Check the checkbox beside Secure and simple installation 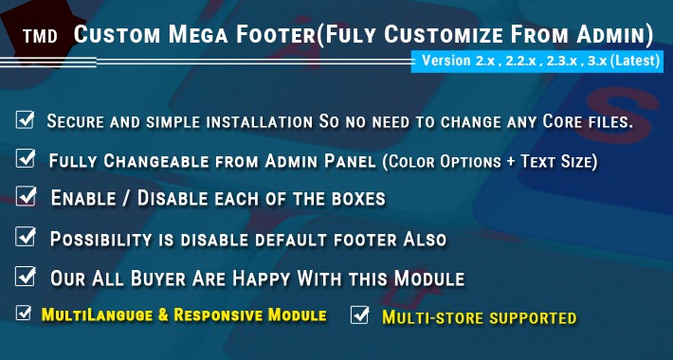click(x=26, y=120)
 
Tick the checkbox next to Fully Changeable click(x=27, y=159)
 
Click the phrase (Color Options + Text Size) click(x=490, y=162)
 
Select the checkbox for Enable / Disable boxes click(x=27, y=197)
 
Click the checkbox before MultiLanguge click(x=23, y=314)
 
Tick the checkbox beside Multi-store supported click(x=359, y=315)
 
